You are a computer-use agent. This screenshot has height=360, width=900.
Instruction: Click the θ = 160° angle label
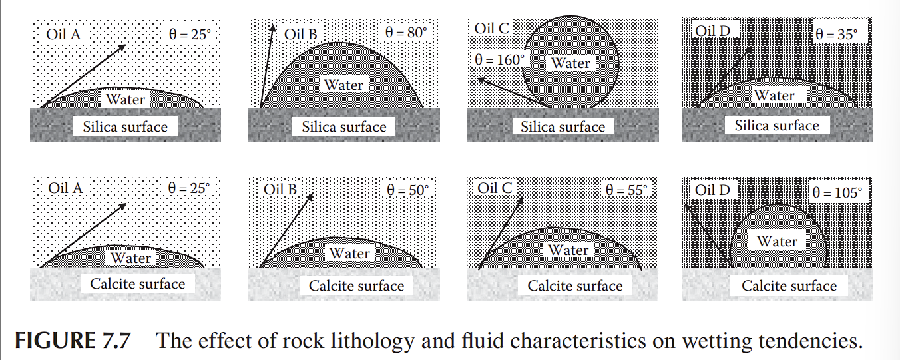click(x=499, y=59)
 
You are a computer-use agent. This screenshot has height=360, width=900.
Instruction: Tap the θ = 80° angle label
click(x=405, y=32)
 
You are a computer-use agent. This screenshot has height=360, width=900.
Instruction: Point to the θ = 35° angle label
click(x=837, y=34)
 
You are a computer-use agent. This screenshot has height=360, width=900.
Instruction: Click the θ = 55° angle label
click(x=626, y=190)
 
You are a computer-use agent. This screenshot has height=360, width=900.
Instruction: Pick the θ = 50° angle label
click(x=408, y=190)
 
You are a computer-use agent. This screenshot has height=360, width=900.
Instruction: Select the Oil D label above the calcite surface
click(x=712, y=190)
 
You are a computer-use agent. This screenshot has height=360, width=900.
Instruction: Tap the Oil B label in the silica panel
click(x=300, y=33)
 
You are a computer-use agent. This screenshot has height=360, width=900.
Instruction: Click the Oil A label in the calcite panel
click(x=65, y=188)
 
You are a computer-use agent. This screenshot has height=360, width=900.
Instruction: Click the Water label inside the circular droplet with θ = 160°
click(x=571, y=63)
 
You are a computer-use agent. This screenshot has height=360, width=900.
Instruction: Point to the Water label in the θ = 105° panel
click(x=777, y=241)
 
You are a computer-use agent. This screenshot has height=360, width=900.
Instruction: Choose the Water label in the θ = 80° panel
click(x=344, y=85)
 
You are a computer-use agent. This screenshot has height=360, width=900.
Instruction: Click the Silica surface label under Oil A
click(x=125, y=126)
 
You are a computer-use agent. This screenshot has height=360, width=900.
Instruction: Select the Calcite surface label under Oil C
click(x=575, y=286)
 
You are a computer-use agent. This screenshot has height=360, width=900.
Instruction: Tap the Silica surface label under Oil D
click(x=777, y=125)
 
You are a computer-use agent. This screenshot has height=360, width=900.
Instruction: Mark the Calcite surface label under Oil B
click(x=356, y=286)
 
